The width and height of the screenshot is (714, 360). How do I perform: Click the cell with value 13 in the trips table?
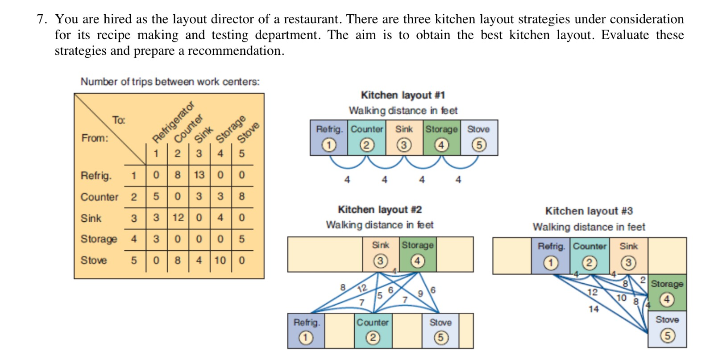[x=199, y=175]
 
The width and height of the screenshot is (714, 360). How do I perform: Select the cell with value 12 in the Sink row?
[x=178, y=218]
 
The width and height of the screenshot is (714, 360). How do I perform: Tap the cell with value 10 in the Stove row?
[x=220, y=260]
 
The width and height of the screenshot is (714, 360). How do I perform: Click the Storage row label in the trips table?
[x=99, y=239]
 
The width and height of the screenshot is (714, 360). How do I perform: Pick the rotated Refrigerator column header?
[x=173, y=122]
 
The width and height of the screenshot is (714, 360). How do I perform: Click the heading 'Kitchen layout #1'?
[x=403, y=95]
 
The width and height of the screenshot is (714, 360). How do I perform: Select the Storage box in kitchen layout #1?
[x=441, y=137]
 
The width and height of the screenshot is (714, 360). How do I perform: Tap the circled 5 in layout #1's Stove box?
[x=479, y=145]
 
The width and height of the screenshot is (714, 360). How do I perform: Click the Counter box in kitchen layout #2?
[x=373, y=331]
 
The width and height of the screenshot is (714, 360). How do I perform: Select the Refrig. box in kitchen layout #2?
[x=306, y=331]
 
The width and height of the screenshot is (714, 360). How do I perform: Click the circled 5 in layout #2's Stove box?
[x=440, y=338]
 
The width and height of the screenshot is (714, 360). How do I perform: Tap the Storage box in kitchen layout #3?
[x=667, y=292]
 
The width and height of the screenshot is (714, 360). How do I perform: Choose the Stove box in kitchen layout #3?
[x=667, y=329]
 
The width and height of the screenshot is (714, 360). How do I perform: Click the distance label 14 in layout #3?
[x=594, y=309]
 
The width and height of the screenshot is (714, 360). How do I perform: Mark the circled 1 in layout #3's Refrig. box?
[x=551, y=263]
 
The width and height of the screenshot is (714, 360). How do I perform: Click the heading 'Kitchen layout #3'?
[x=589, y=211]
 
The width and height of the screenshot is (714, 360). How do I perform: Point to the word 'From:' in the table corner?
[x=95, y=138]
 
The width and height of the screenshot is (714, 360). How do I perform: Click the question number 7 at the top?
[x=42, y=19]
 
